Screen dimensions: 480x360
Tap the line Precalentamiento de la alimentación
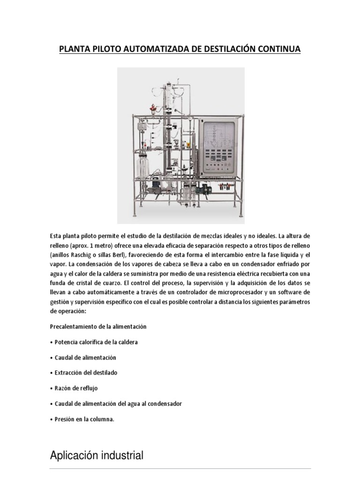coord(98,326)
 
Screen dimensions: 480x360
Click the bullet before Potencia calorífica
coord(51,342)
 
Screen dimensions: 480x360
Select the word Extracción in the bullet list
coord(68,373)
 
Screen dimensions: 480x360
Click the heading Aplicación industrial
coord(96,455)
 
